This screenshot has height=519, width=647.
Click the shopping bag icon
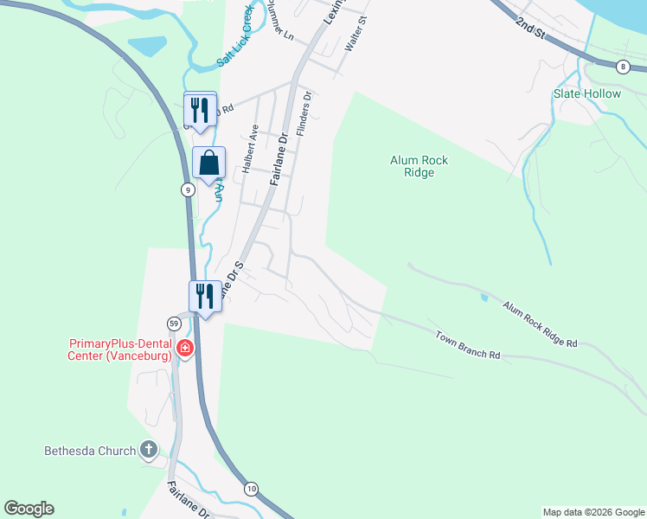point(208,162)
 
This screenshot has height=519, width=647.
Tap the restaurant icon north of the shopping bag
point(200,109)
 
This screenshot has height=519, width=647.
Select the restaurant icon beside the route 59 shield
point(205,296)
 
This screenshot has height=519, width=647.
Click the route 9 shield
point(187,189)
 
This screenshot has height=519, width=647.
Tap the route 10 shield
point(251,489)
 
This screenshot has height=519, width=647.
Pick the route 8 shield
point(623,67)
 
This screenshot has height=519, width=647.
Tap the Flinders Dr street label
point(304,113)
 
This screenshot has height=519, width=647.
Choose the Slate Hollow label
point(587,93)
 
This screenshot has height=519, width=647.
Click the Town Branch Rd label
point(468,344)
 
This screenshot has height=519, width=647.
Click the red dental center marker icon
point(184,349)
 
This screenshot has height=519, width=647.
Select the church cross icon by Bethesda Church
point(149,450)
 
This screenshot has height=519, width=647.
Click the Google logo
point(29,509)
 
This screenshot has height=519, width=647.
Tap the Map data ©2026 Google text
point(593,512)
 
